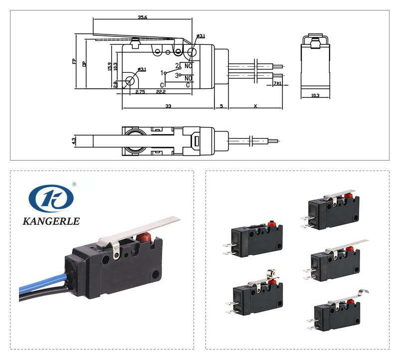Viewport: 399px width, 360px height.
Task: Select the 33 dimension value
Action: (168, 106)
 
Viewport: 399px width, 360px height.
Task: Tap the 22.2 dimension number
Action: (161, 92)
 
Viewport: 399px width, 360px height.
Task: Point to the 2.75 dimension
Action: (140, 92)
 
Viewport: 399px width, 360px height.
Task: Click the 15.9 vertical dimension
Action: (110, 66)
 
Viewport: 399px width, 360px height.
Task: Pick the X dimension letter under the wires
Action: (255, 106)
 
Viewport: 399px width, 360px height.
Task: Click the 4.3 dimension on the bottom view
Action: (74, 141)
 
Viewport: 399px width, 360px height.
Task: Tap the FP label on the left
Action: (74, 61)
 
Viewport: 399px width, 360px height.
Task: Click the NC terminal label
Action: (188, 66)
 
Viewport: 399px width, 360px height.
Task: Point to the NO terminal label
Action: (189, 78)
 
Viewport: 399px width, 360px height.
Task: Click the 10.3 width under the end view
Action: (315, 96)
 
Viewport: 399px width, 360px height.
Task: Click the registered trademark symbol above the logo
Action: (74, 184)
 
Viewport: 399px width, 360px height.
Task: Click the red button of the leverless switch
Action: (272, 224)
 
